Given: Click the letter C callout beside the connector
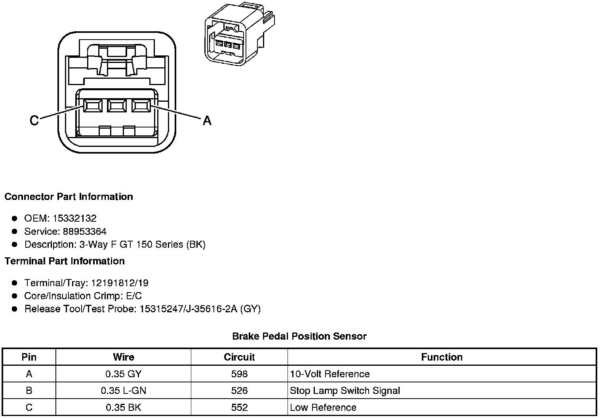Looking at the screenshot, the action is pos(34,120).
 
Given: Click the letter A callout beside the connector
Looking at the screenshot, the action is pos(207,120).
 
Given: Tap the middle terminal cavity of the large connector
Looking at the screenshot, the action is pos(116,106).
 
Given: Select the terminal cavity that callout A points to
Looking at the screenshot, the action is pos(141,106).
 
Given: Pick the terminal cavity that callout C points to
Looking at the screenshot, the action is pos(92,106).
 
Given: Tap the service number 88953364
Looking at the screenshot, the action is pos(85,231).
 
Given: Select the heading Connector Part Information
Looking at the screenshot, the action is pos(69,197).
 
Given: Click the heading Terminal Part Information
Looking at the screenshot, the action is pos(65,261).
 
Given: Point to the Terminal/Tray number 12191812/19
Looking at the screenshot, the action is pos(120,283).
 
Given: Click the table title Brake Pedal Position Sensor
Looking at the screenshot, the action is pos(299,336).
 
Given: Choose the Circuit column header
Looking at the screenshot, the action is pos(239,357).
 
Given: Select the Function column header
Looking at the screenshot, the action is pos(442,357).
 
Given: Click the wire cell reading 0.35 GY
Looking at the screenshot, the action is pos(123,374).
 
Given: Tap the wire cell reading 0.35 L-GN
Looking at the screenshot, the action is pos(123,391).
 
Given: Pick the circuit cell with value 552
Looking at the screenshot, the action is pos(239,407).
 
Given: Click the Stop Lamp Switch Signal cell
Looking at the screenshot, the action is pos(345,391).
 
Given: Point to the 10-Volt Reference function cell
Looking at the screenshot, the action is pos(330,374).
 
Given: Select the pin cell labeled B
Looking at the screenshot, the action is pos(29,391).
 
